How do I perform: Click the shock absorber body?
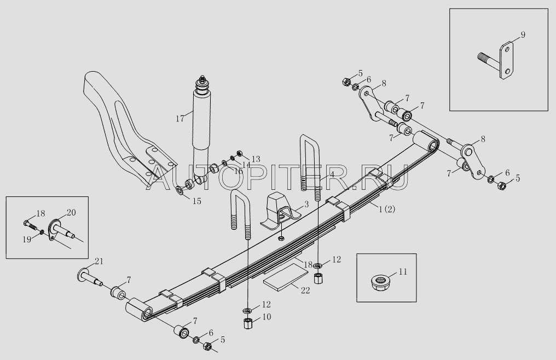click(202, 123)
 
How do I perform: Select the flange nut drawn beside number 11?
click(378, 282)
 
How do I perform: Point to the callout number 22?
click(305, 290)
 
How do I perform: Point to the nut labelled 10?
click(247, 323)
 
